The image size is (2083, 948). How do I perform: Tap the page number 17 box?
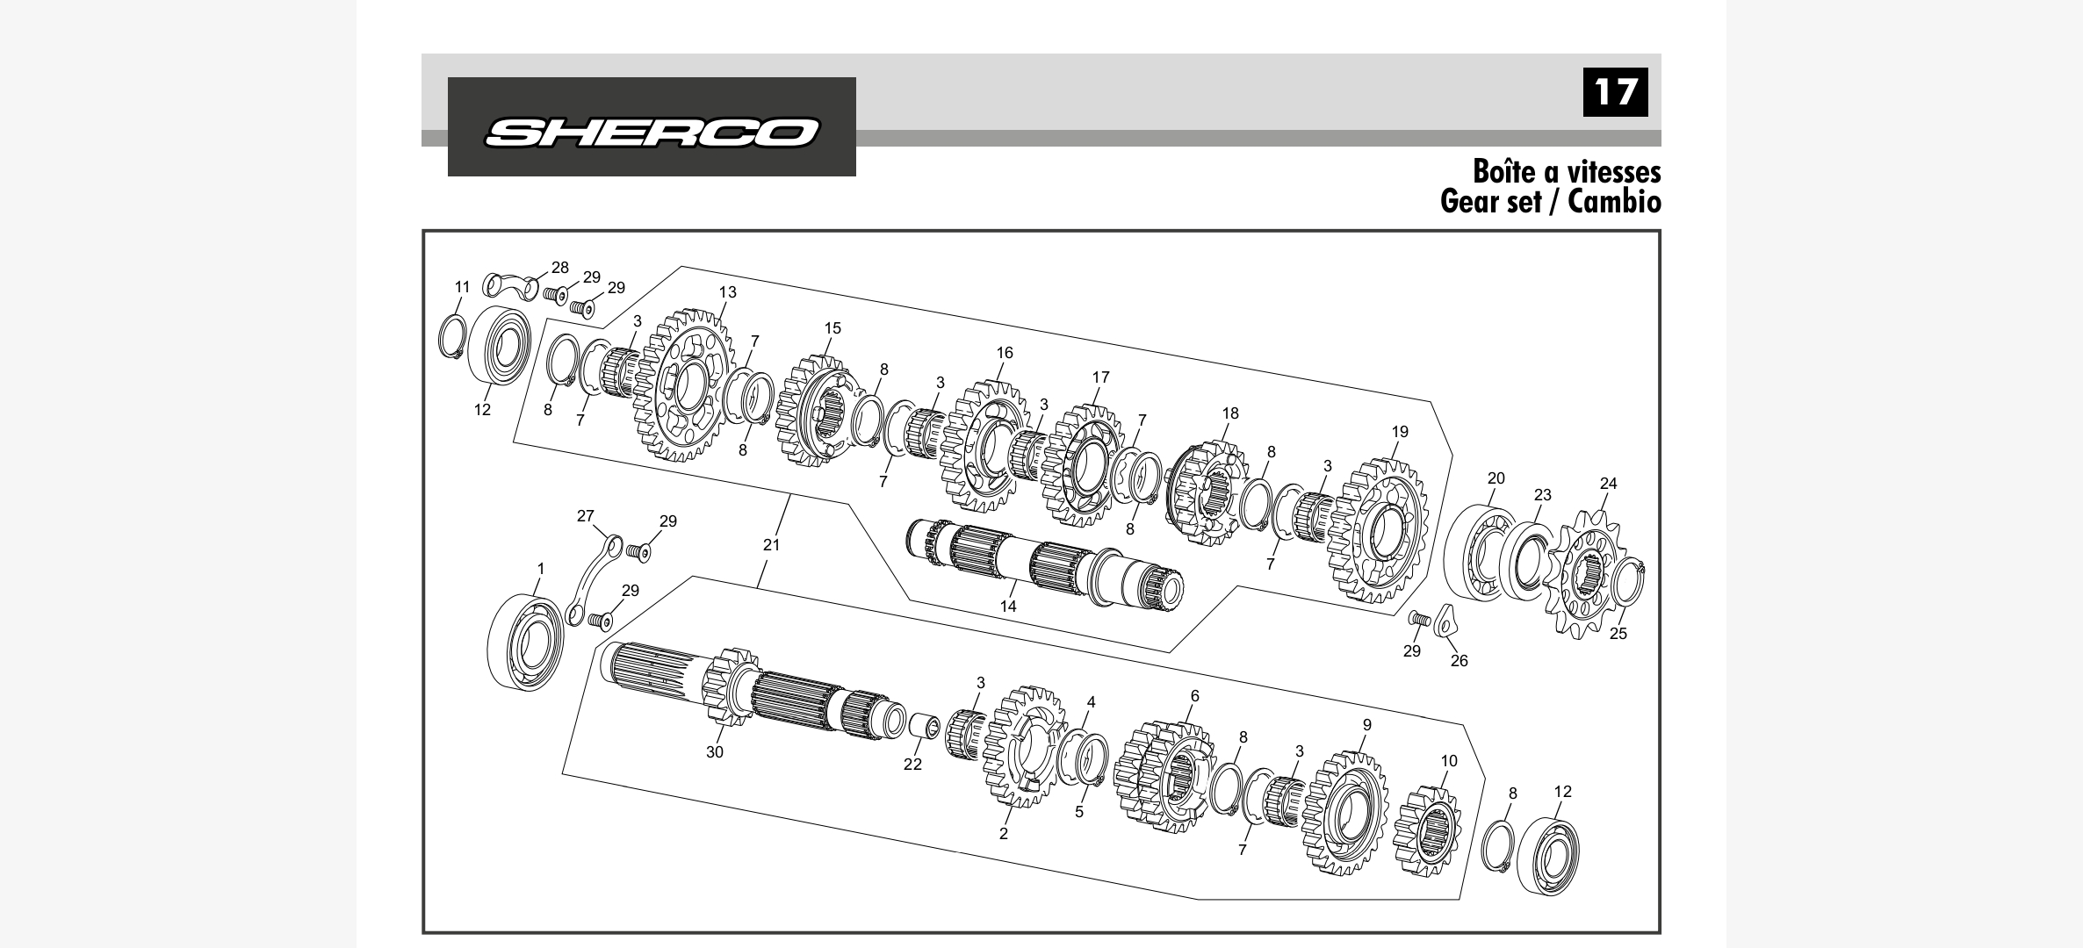(x=1615, y=92)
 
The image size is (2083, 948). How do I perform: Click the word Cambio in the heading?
(x=1614, y=202)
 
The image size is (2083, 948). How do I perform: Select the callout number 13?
(x=727, y=292)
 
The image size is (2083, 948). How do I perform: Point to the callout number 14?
(x=1008, y=606)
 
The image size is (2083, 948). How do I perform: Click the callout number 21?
(x=771, y=544)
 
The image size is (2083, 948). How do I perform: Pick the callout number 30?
(x=715, y=752)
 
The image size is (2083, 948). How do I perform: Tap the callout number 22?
(x=913, y=765)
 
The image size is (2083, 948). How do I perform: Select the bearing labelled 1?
(x=526, y=643)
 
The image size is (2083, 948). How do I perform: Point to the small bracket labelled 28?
(x=510, y=285)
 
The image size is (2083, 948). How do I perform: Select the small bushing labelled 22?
(x=924, y=726)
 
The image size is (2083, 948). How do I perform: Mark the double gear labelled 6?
(x=1164, y=777)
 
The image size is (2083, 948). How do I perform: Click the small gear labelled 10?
(x=1426, y=831)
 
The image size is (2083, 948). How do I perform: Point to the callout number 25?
(x=1618, y=634)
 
